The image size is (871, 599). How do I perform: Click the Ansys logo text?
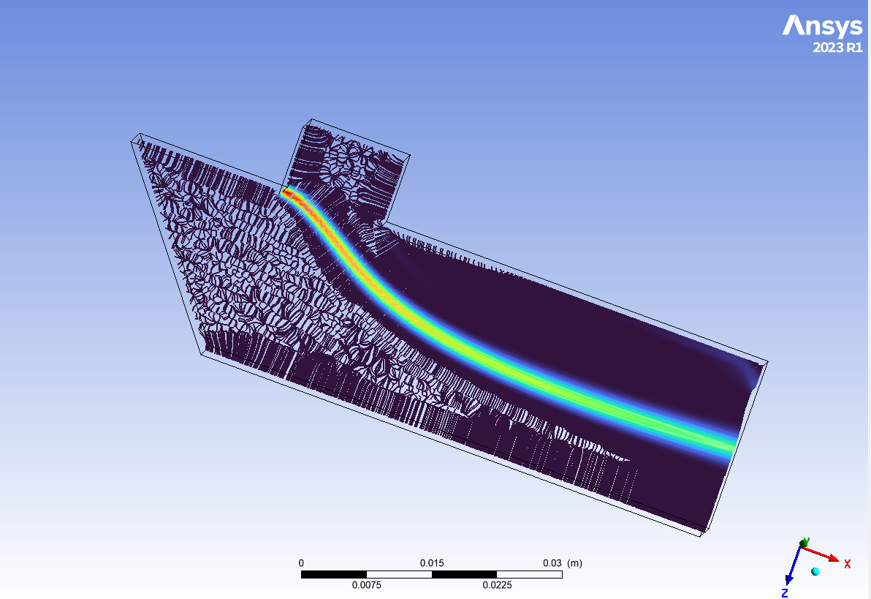[x=822, y=27]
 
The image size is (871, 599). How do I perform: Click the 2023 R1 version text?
[x=837, y=48]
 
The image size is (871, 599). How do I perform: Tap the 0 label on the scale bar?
[x=301, y=563]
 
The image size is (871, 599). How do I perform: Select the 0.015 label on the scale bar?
[x=432, y=563]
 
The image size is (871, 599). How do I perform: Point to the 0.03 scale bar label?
[x=552, y=563]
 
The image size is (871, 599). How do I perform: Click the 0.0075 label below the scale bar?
[x=367, y=585]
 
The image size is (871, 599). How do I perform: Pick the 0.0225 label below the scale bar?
[x=497, y=585]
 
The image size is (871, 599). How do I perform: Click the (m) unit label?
[x=574, y=563]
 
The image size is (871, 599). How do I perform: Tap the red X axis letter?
[x=847, y=564]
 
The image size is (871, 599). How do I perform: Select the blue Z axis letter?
[x=785, y=593]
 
